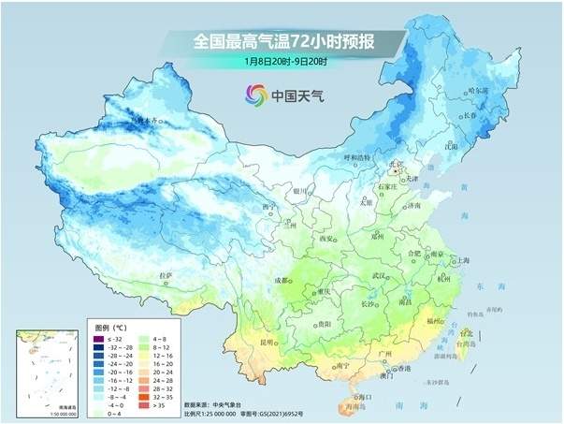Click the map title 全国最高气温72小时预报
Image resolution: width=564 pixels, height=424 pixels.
[x=281, y=41]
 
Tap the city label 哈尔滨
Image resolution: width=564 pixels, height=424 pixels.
[x=478, y=91]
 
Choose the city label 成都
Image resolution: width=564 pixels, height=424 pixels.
[x=281, y=280]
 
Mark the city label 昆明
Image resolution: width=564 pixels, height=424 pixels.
[x=268, y=342]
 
